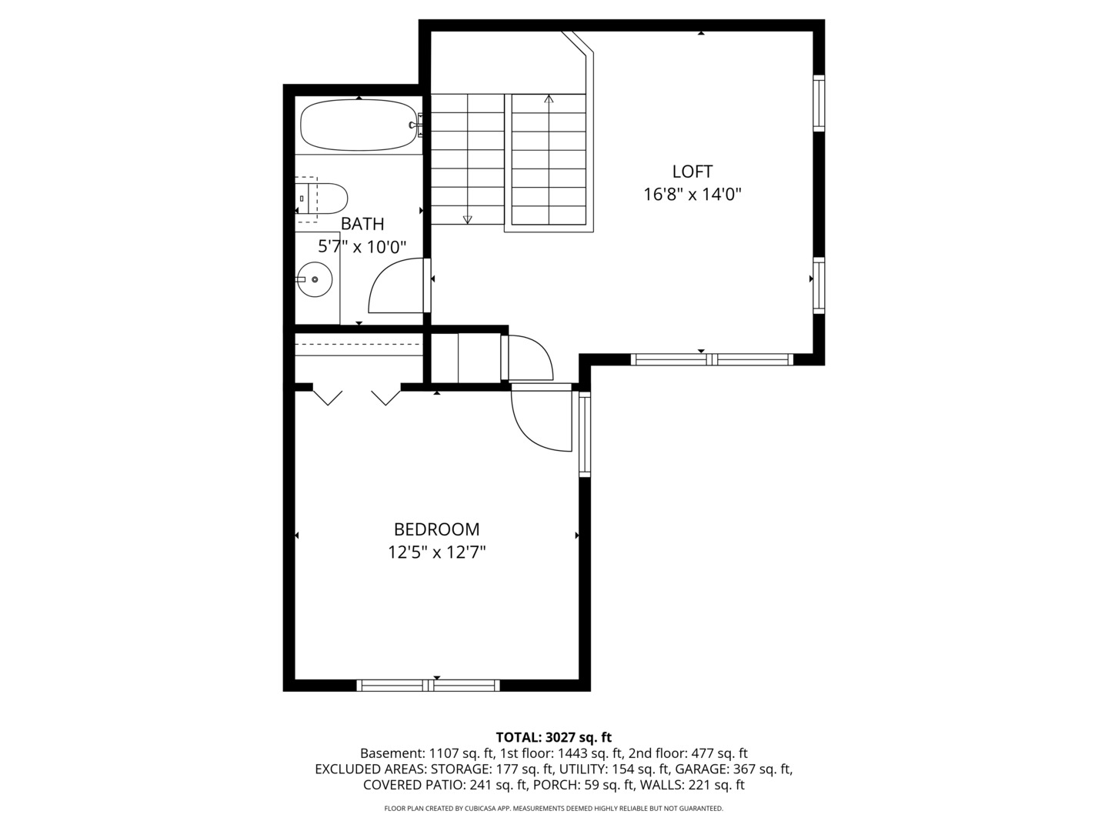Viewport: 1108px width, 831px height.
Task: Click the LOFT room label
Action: click(692, 172)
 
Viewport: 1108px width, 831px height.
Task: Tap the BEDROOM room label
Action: click(436, 529)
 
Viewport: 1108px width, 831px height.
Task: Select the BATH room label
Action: click(362, 223)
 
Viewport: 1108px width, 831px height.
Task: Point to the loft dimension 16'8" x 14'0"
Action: click(692, 194)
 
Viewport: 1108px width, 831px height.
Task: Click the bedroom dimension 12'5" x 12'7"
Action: click(436, 552)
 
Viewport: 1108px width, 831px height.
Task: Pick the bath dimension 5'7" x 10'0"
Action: click(362, 247)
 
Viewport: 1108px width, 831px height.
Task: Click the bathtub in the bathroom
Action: click(359, 125)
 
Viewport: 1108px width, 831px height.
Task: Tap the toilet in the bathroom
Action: click(322, 199)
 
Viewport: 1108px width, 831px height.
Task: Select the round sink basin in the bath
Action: click(315, 279)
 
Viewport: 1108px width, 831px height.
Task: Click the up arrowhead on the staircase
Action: click(549, 99)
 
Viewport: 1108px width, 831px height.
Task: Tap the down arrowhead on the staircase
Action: click(467, 219)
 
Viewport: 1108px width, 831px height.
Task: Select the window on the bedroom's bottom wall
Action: click(428, 685)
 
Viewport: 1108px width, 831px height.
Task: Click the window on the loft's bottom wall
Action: click(712, 359)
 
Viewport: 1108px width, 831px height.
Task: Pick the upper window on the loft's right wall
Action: click(819, 103)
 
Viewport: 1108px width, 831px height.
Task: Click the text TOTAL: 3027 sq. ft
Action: click(554, 738)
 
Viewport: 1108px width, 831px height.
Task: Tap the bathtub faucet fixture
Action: click(417, 125)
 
